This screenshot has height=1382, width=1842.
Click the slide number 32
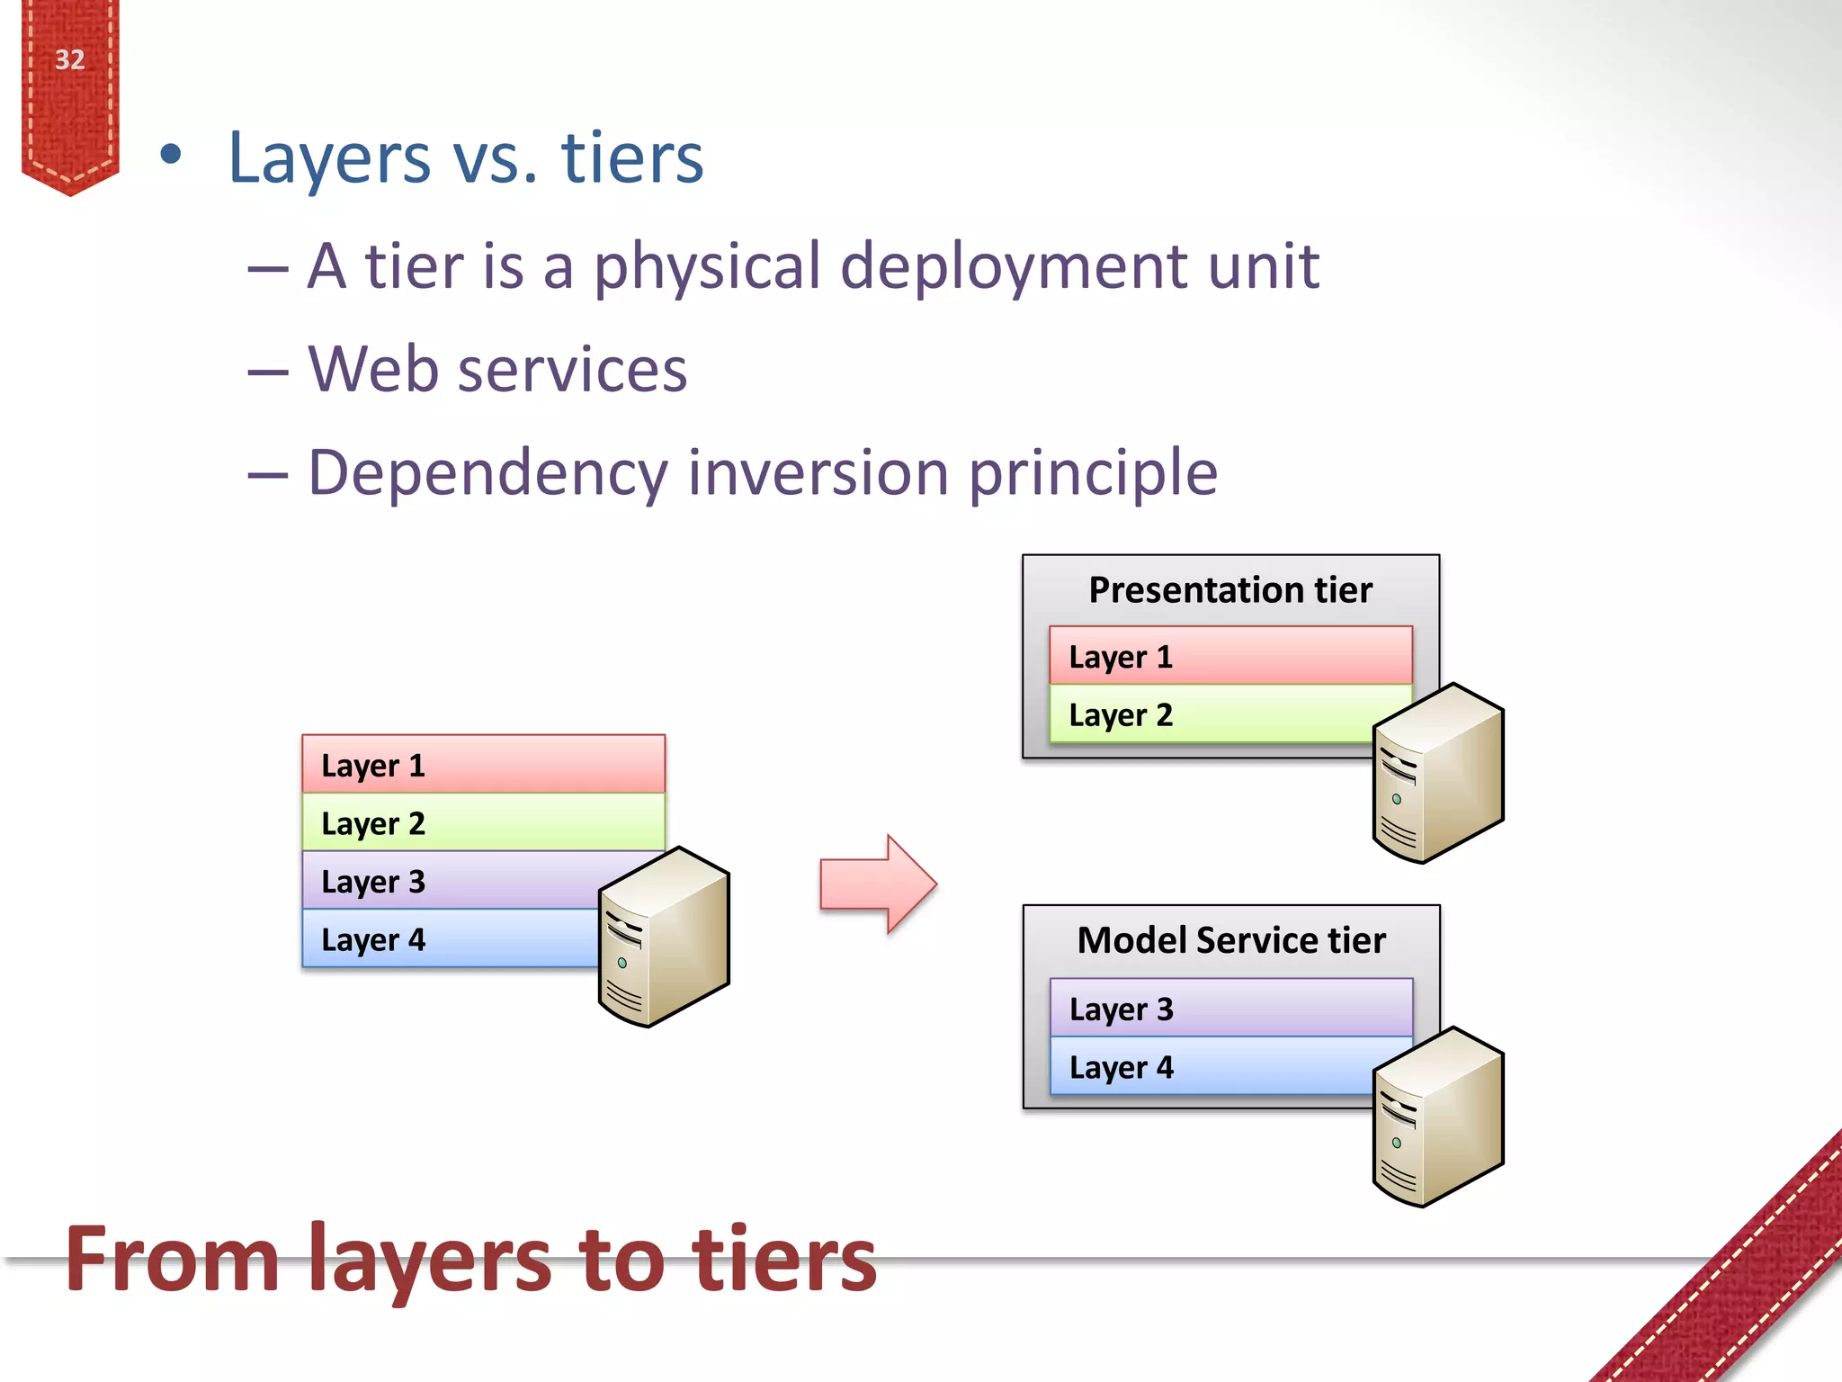tap(69, 59)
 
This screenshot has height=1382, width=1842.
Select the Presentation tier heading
tap(1229, 590)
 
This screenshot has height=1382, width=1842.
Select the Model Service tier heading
tap(1230, 940)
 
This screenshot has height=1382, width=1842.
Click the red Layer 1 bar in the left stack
tap(483, 765)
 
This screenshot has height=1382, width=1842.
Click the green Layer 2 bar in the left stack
tap(483, 822)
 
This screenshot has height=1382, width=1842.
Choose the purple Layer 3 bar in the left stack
tap(450, 881)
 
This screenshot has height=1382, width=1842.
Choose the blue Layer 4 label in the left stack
tap(372, 939)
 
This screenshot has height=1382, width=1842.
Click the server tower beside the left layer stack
tap(664, 938)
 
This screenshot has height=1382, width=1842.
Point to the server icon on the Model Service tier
tap(1438, 1117)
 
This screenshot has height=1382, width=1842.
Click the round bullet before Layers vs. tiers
tap(170, 156)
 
